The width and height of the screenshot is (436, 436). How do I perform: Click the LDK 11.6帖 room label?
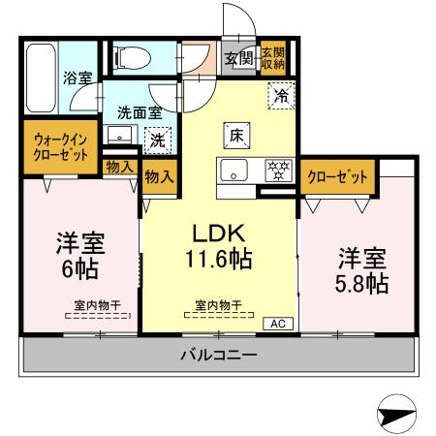219,246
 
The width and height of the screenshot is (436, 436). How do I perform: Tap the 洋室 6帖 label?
78,255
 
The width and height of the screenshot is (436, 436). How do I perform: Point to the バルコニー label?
218,355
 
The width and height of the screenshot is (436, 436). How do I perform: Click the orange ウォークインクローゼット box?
61,146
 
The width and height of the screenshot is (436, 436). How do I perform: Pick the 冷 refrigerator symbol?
279,95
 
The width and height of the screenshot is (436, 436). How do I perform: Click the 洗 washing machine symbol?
157,140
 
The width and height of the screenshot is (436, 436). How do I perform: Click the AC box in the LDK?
275,324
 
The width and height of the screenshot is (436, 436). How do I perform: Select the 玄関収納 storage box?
273,57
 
